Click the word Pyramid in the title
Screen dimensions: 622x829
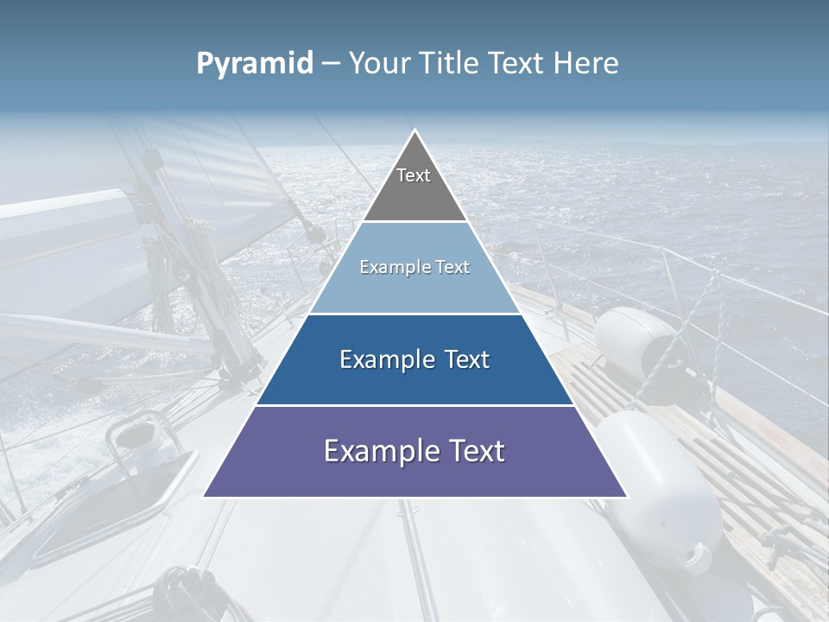tap(255, 64)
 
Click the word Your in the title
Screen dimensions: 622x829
tap(380, 63)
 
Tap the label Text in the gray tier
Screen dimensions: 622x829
tap(414, 175)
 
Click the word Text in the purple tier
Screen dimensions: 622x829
tap(471, 451)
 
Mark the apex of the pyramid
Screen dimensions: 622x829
tap(415, 130)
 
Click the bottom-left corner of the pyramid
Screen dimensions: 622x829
tap(204, 497)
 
